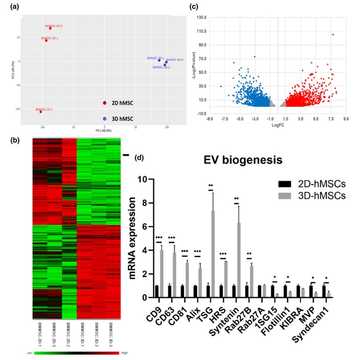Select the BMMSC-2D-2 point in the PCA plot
click(x=41, y=112)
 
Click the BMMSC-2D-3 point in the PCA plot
click(x=50, y=28)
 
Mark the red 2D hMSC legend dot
click(x=104, y=103)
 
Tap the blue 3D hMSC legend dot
click(x=104, y=119)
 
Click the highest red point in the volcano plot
click(x=333, y=34)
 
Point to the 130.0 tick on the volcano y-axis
click(x=201, y=17)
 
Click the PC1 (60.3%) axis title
click(x=104, y=131)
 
